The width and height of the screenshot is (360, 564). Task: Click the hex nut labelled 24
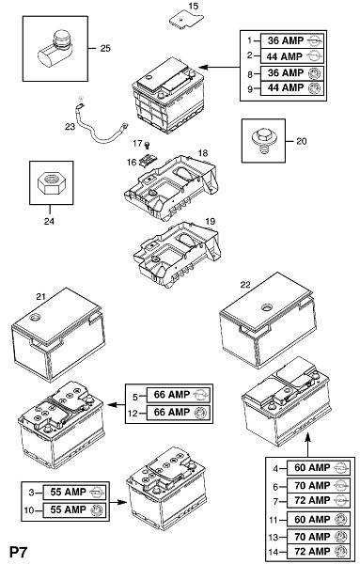(52, 182)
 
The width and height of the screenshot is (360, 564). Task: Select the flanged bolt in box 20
(263, 141)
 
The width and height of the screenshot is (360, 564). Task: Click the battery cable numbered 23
(100, 122)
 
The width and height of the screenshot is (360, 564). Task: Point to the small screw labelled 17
(147, 145)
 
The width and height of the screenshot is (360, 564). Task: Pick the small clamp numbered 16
(148, 161)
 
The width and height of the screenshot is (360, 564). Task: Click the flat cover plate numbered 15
(186, 20)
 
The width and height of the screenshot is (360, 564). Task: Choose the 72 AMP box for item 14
(319, 551)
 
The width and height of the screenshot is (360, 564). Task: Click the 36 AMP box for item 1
(291, 40)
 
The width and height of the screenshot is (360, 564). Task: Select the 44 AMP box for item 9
(291, 88)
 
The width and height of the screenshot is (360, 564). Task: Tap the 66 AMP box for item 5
(178, 395)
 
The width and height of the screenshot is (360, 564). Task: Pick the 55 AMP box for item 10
(74, 510)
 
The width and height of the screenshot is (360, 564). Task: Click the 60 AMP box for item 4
(319, 467)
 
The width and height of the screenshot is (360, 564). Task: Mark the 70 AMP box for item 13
(319, 537)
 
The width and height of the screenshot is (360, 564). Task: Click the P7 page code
(19, 552)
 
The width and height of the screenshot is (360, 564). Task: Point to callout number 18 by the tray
(203, 153)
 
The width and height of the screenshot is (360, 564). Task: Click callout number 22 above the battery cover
(245, 285)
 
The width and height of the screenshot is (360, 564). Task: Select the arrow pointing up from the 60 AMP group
(308, 445)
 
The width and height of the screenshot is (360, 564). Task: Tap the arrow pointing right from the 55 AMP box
(118, 502)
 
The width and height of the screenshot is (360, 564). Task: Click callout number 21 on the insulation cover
(41, 296)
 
